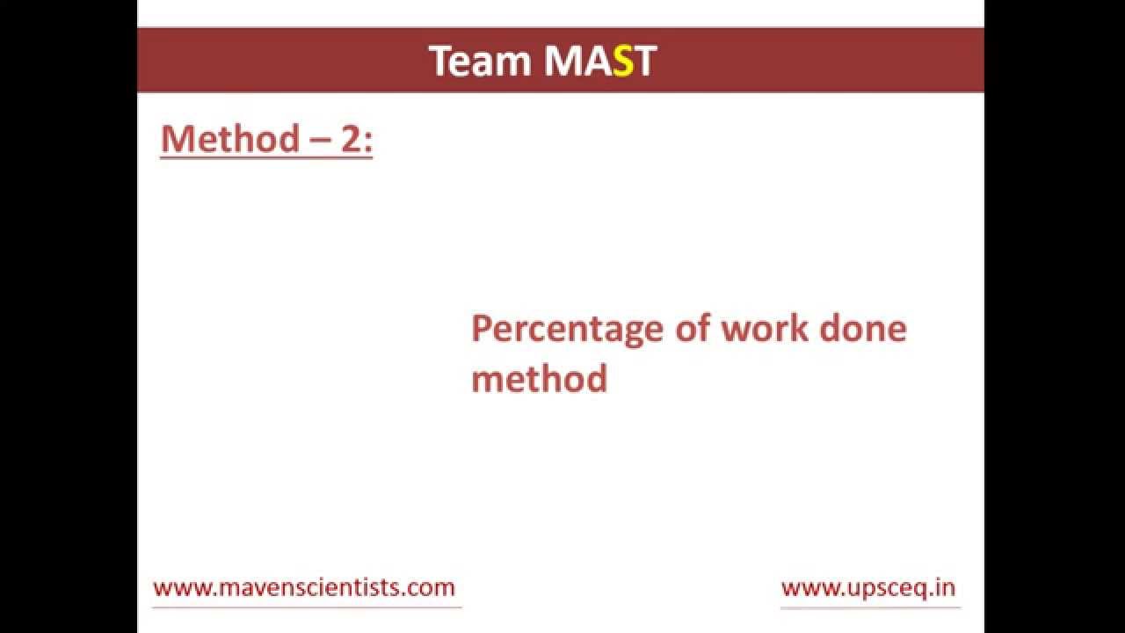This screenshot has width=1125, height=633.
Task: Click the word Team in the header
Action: click(x=481, y=62)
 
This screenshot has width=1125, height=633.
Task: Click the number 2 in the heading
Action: click(x=352, y=139)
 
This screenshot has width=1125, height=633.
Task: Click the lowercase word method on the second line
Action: click(x=539, y=379)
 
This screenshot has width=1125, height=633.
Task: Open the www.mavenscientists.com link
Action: click(x=304, y=587)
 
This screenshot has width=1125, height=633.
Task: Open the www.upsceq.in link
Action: click(x=868, y=587)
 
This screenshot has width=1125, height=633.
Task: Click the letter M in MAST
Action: click(x=562, y=62)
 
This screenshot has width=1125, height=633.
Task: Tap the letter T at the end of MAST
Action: click(x=645, y=62)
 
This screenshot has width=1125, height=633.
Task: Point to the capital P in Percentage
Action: click(x=481, y=328)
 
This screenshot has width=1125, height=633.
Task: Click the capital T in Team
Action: click(x=440, y=62)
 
